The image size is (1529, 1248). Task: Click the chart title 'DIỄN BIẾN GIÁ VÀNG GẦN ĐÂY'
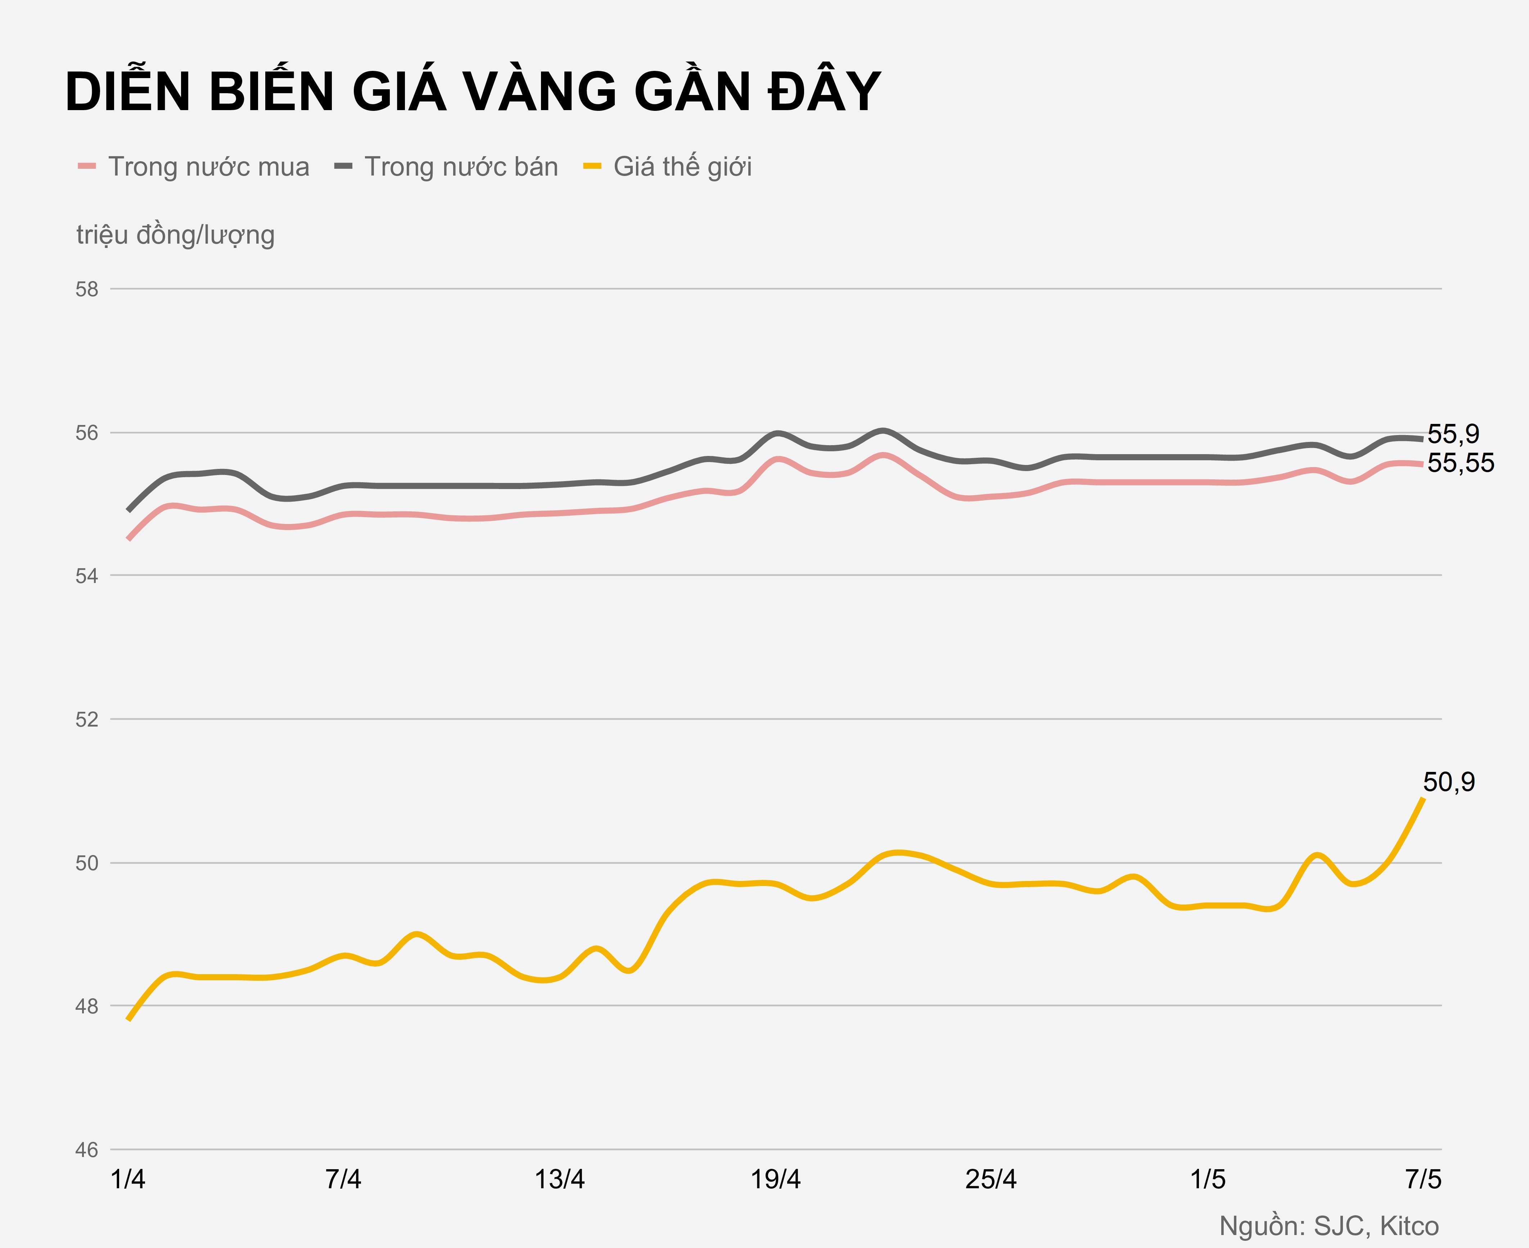[473, 92]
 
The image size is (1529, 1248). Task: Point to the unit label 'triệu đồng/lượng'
[175, 235]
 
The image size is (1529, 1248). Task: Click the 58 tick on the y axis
[87, 290]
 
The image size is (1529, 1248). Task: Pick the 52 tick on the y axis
[87, 720]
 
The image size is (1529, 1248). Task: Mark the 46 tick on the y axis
[87, 1150]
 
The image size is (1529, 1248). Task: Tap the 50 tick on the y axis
[87, 863]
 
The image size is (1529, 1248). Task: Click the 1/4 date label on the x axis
[128, 1180]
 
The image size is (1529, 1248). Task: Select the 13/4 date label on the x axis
[559, 1180]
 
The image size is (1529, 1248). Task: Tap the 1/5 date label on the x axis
[1208, 1180]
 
